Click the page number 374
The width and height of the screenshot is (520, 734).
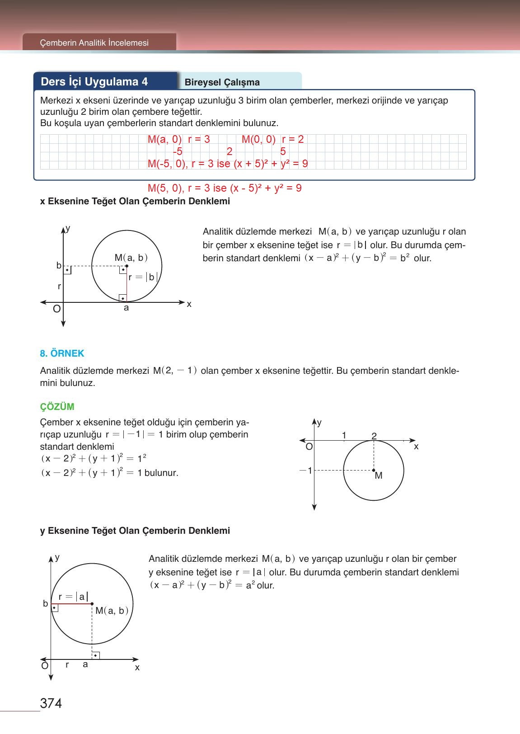click(x=51, y=703)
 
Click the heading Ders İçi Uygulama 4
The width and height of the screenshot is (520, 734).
click(x=94, y=82)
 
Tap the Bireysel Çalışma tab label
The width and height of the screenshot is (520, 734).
click(x=222, y=82)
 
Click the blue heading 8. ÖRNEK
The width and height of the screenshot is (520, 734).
click(x=62, y=353)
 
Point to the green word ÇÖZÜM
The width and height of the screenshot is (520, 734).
click(x=57, y=406)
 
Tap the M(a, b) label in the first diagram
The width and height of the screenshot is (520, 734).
click(x=131, y=258)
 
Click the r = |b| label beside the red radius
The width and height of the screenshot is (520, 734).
click(x=143, y=278)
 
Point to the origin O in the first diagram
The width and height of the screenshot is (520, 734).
click(x=56, y=309)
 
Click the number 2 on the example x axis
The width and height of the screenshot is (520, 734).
click(x=374, y=436)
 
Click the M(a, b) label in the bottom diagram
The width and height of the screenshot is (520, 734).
click(x=112, y=611)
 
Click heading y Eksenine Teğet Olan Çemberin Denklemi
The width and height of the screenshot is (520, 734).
click(x=135, y=531)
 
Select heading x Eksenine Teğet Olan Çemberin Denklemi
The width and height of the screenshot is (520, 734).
click(x=135, y=202)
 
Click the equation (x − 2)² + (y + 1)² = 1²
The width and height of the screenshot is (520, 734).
click(x=94, y=458)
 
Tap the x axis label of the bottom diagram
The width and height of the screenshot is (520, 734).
click(x=137, y=668)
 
